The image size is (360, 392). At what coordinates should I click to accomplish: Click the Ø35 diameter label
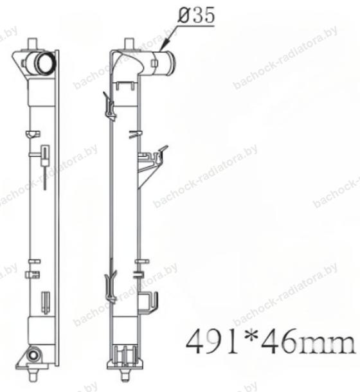(196, 15)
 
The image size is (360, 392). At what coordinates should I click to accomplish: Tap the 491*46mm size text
(271, 341)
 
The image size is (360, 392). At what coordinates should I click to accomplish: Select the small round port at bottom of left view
(33, 355)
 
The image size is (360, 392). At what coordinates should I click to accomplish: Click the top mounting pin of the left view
(32, 44)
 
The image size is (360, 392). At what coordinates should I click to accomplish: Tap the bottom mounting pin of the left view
(32, 375)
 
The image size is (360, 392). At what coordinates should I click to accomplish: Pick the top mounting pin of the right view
(129, 44)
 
